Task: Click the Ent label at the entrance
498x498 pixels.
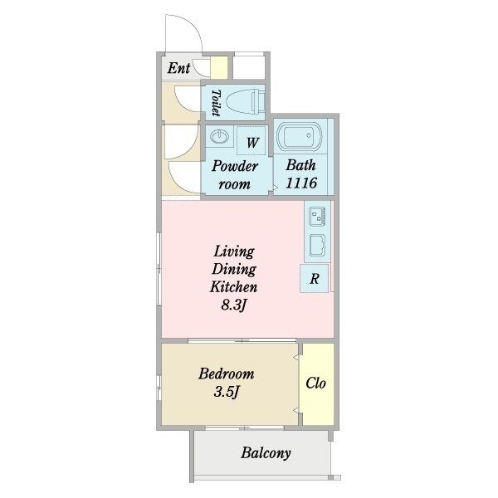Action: [178, 68]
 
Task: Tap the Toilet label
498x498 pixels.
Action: [216, 102]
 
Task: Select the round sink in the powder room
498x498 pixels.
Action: [219, 137]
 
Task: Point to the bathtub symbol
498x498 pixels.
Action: [300, 135]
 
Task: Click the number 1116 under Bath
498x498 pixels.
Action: [301, 183]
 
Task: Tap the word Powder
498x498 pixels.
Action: [234, 166]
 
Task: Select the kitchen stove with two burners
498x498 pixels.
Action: [317, 217]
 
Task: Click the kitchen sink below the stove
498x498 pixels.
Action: [317, 245]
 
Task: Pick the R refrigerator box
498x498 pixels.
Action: [315, 278]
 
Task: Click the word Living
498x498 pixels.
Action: [234, 251]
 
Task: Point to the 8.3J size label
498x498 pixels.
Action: [233, 305]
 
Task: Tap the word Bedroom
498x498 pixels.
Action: [226, 373]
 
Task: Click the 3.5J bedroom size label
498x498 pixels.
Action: [226, 392]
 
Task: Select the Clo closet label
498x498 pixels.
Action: [315, 383]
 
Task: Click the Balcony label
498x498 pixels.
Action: [266, 453]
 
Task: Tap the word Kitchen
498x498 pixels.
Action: [233, 287]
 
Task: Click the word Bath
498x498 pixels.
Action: [300, 165]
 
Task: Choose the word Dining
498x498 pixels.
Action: [234, 269]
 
